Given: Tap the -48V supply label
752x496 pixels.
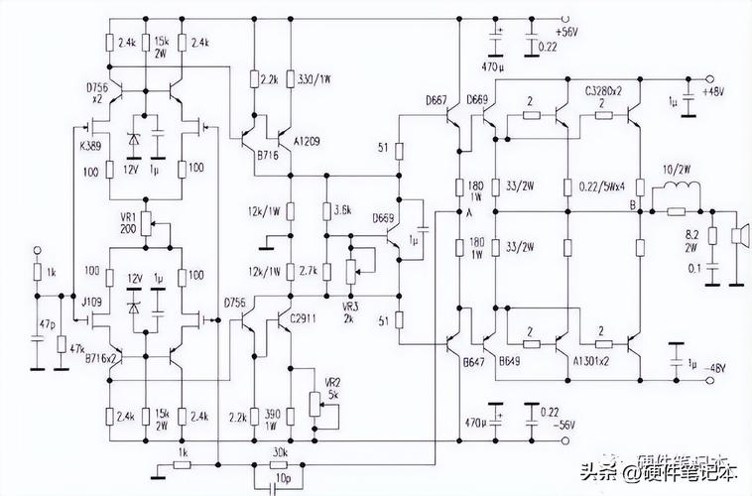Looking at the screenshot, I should (x=715, y=369).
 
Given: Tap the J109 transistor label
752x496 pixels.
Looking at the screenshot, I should (x=91, y=301).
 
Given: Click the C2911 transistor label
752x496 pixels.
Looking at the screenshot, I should (x=306, y=317).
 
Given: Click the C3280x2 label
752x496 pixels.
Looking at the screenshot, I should (x=602, y=90).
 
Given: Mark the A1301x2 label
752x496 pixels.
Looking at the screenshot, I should (x=593, y=362).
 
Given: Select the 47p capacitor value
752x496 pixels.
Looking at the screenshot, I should (x=47, y=324).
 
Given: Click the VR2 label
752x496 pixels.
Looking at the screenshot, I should (x=333, y=381).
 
